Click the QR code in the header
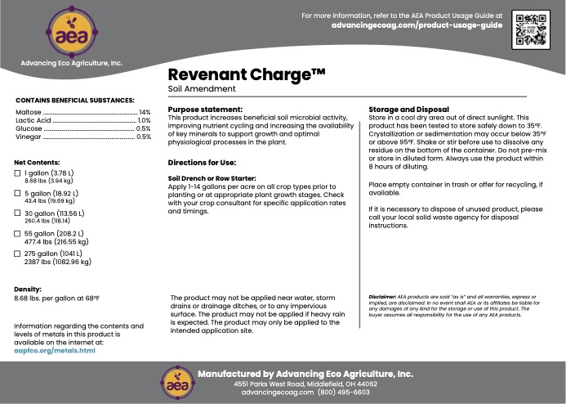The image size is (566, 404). point(530,30)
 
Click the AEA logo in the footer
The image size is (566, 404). point(173,380)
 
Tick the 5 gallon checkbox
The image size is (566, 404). point(18,193)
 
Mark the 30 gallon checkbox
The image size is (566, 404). point(18,213)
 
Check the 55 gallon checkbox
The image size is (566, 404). point(18,233)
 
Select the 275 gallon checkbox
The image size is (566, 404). point(18,254)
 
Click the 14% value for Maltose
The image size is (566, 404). point(145,111)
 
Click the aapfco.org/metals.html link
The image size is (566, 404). point(55,349)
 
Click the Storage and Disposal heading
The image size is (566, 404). point(408,109)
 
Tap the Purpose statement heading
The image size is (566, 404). point(205,109)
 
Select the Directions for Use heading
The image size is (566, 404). point(202,163)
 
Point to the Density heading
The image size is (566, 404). point(29,289)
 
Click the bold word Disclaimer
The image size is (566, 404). point(384,296)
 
